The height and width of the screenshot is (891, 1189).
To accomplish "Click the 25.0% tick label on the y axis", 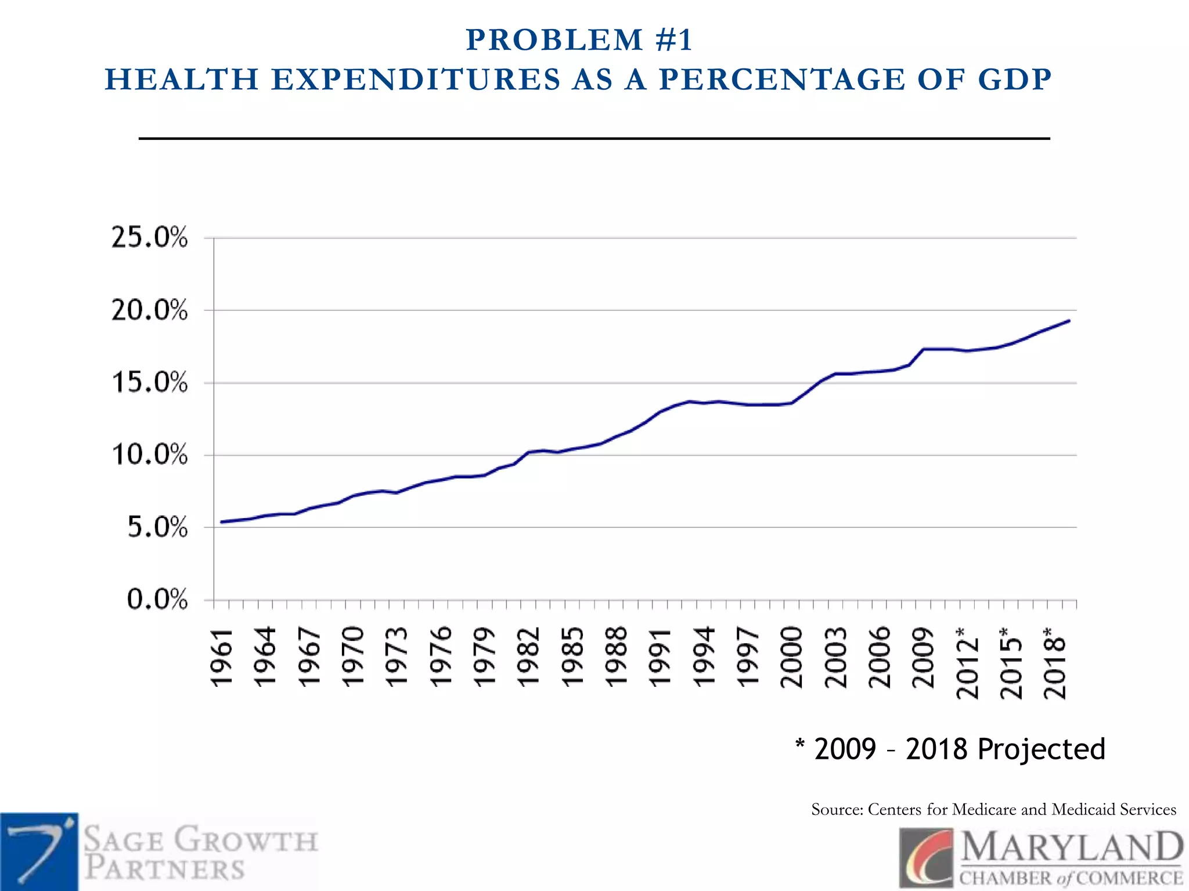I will pyautogui.click(x=149, y=238).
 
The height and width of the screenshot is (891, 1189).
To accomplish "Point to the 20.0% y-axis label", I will pyautogui.click(x=149, y=310).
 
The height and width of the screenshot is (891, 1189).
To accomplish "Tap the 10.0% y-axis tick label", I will pyautogui.click(x=149, y=455).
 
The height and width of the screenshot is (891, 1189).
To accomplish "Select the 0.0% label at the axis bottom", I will pyautogui.click(x=157, y=599).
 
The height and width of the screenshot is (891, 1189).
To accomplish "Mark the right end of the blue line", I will pyautogui.click(x=1069, y=321).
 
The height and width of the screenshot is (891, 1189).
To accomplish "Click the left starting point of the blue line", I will pyautogui.click(x=222, y=522).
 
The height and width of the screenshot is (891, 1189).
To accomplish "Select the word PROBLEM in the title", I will pyautogui.click(x=554, y=40).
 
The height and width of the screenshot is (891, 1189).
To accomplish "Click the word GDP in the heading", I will pyautogui.click(x=1014, y=79).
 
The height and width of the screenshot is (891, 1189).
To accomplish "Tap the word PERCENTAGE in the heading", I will pyautogui.click(x=782, y=79).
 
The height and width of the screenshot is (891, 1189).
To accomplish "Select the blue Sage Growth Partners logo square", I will pyautogui.click(x=39, y=852).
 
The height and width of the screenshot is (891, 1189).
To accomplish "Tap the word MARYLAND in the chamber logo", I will pyautogui.click(x=1071, y=847).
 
